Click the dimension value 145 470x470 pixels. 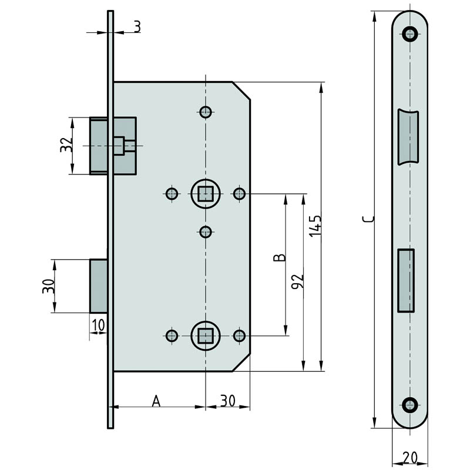pos(315,226)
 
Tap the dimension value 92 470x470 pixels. pos(298,281)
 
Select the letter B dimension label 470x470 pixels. pos(280,257)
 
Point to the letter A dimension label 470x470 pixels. pos(156,401)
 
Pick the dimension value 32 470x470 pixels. pos(66,145)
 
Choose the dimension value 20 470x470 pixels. pos(410,458)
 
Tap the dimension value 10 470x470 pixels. pos(98,325)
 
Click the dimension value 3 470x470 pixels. pos(137,26)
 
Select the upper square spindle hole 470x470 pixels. pos(205,194)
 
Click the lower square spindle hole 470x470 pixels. pos(205,335)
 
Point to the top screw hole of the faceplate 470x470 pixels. pos(409,33)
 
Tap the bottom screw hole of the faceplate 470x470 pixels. pos(409,405)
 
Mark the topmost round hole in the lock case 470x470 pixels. pos(206,112)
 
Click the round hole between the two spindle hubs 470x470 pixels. pos(206,231)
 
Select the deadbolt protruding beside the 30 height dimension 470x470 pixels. pos(99,286)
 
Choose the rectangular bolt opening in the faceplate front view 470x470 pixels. pos(406,281)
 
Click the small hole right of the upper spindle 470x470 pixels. pos(239,194)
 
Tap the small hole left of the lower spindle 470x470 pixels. pos(172,335)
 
